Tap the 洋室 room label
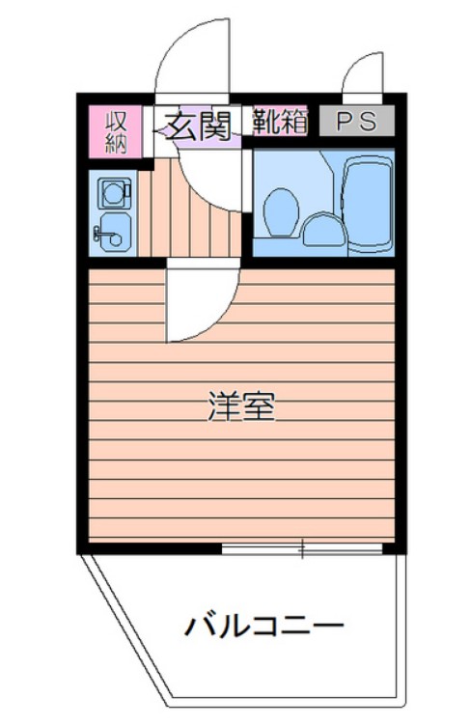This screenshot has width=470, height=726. click(x=242, y=406)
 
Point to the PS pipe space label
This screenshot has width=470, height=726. click(x=356, y=122)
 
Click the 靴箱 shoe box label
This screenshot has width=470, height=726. click(x=281, y=122)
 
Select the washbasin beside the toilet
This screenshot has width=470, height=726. click(x=319, y=230)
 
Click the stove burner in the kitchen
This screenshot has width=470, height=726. click(x=112, y=191)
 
